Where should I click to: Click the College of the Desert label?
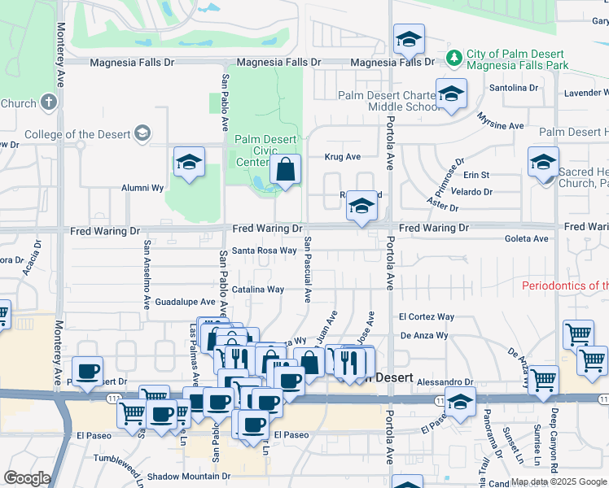(x=77, y=134)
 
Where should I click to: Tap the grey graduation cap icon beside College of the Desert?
(x=142, y=133)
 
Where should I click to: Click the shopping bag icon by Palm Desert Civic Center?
(x=286, y=171)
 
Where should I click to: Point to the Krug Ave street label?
(x=343, y=156)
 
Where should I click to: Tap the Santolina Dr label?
(x=514, y=87)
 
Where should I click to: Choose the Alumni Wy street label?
(x=142, y=188)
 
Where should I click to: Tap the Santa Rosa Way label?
(x=265, y=251)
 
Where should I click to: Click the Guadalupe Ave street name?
(x=185, y=300)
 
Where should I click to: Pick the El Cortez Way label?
(x=427, y=316)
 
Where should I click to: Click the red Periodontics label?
(x=565, y=285)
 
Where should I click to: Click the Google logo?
(x=27, y=477)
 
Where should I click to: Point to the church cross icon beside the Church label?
(x=49, y=102)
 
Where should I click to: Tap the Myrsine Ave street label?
(x=502, y=126)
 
